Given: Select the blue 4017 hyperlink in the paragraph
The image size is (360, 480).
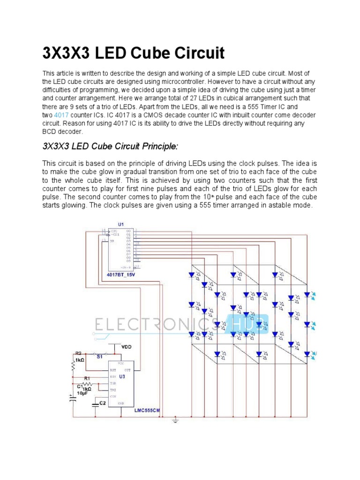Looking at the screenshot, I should pos(61,115).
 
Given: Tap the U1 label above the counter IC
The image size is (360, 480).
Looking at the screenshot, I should pos(121,225).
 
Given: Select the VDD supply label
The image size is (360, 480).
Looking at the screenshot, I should pos(127,347).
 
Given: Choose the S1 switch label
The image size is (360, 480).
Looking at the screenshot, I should pos(99,357).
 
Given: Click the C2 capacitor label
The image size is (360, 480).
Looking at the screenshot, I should pos(102,403).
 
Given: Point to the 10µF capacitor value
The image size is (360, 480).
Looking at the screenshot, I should pos(82,393).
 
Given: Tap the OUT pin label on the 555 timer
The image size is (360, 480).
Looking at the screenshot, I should pos(127,370).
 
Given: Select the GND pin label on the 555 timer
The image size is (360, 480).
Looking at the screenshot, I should pos(121,403).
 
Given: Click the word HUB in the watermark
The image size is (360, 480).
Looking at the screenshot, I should pos(247,324).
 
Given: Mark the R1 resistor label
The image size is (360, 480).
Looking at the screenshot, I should pos(87,378).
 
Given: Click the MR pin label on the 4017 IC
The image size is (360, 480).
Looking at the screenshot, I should pos(112,241).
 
